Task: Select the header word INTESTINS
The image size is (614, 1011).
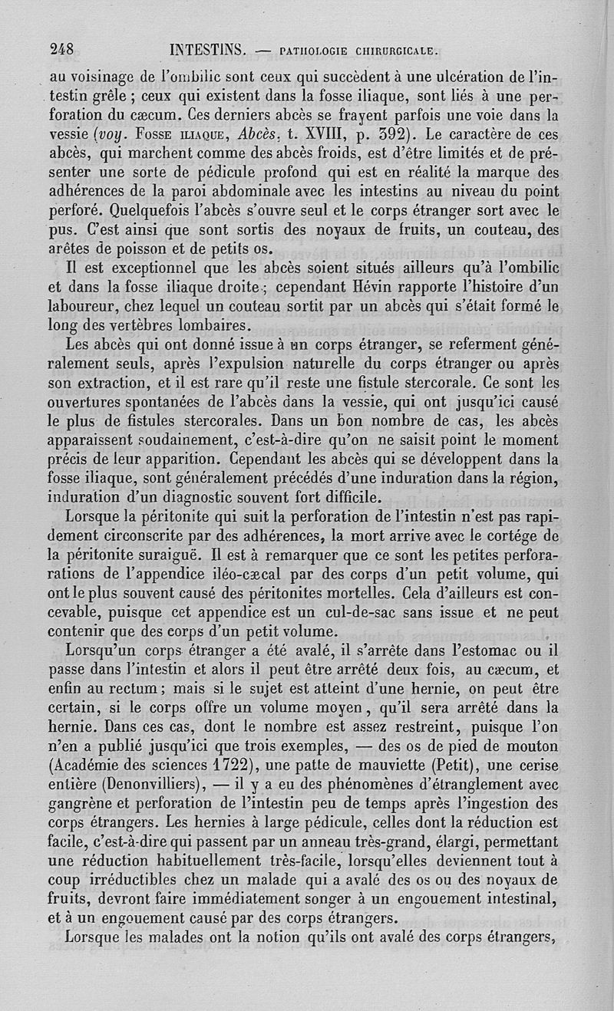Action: pyautogui.click(x=206, y=51)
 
